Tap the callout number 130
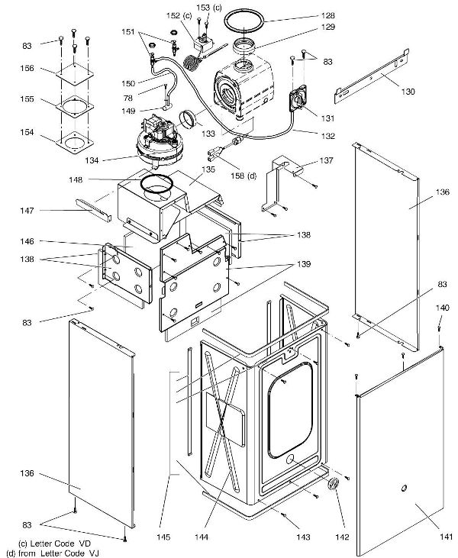click(409, 91)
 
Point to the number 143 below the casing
click(303, 537)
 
